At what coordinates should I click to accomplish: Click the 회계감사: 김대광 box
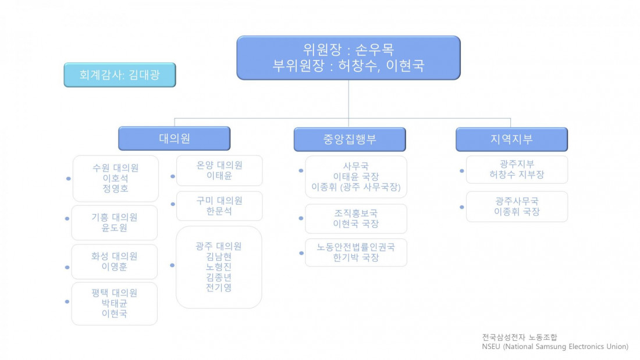pyautogui.click(x=119, y=75)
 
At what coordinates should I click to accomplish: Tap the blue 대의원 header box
pyautogui.click(x=174, y=138)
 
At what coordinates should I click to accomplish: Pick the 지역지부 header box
pyautogui.click(x=511, y=140)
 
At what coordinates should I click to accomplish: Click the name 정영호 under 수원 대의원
pyautogui.click(x=115, y=188)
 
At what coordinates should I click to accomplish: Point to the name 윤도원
pyautogui.click(x=114, y=227)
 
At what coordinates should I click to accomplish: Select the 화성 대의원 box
pyautogui.click(x=114, y=262)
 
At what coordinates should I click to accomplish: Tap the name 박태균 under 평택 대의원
pyautogui.click(x=114, y=304)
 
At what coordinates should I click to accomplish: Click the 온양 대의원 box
pyautogui.click(x=219, y=170)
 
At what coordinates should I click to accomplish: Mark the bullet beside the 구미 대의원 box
pyautogui.click(x=173, y=204)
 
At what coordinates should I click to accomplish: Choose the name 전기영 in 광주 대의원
pyautogui.click(x=219, y=287)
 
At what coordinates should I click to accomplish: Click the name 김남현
pyautogui.click(x=219, y=256)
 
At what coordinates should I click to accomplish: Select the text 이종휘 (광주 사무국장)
pyautogui.click(x=356, y=187)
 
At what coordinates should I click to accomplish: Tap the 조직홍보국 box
pyautogui.click(x=356, y=219)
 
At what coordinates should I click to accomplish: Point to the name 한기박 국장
pyautogui.click(x=356, y=258)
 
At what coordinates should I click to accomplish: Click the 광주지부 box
pyautogui.click(x=517, y=169)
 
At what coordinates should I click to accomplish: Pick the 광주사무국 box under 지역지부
pyautogui.click(x=517, y=206)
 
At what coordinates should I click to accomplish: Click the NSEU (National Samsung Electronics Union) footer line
pyautogui.click(x=554, y=347)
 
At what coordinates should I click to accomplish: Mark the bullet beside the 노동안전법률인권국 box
pyautogui.click(x=301, y=252)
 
